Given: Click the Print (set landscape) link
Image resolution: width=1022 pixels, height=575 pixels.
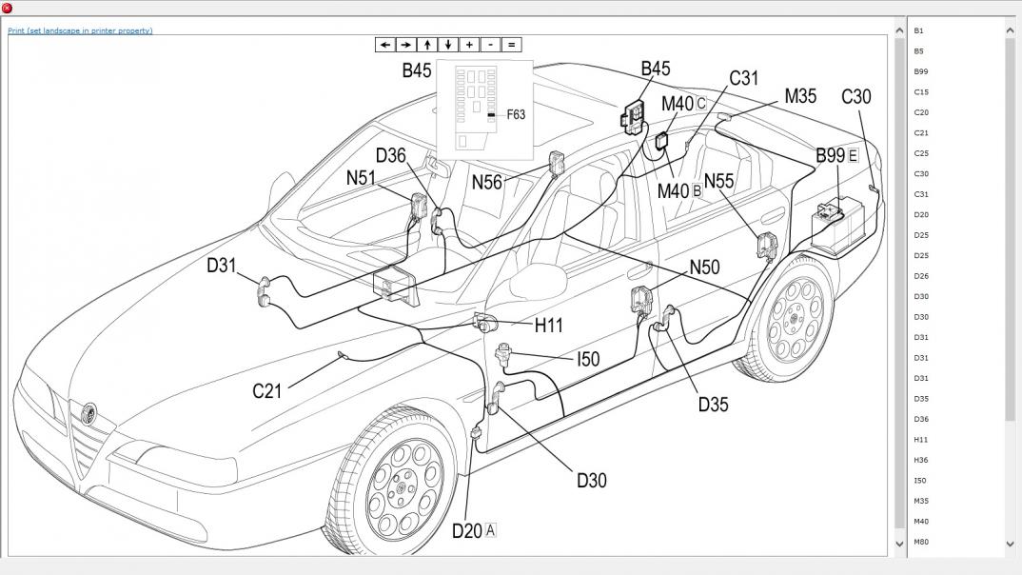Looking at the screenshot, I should tap(80, 30).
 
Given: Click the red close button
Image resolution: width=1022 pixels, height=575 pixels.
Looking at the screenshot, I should tap(8, 8).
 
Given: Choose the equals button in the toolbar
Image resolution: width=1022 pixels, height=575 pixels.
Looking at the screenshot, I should tap(511, 45).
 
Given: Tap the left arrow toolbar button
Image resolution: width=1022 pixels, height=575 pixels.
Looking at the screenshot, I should tap(384, 45).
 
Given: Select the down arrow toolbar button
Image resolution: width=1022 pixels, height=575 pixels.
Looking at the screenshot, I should tap(448, 45).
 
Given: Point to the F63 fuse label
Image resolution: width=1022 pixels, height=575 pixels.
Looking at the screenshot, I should tap(515, 114).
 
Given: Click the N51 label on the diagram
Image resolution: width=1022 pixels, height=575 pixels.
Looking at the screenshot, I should tap(361, 178).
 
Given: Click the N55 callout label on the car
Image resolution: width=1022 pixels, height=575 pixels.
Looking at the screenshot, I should tap(719, 182).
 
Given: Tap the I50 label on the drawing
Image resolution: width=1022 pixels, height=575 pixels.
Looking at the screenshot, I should tap(588, 359).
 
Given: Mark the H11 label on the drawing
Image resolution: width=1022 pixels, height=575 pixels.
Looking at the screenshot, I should tap(548, 325).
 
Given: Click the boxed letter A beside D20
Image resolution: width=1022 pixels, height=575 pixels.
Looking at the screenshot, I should tap(491, 530).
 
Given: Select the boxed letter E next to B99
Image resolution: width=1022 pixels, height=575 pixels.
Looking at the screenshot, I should tap(853, 155).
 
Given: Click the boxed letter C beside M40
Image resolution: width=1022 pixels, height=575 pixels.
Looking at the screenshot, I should tap(701, 103).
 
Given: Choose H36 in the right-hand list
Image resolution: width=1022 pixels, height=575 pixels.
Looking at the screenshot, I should tap(920, 460).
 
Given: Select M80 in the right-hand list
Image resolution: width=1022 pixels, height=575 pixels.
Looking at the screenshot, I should tap(920, 542).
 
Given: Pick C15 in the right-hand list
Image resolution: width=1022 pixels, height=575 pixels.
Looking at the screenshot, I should tap(920, 92).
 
